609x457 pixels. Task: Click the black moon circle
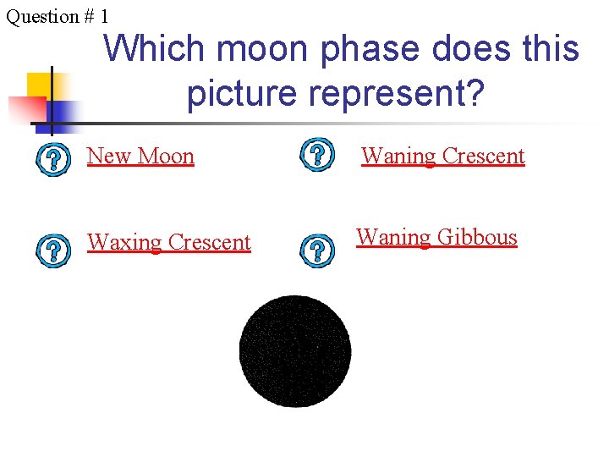point(295,351)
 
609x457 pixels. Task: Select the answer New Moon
point(140,157)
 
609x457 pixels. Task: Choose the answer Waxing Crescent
point(169,242)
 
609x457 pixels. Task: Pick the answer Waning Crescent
point(443,157)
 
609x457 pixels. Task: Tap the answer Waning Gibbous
point(436,237)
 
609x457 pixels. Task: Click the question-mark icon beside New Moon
point(52,158)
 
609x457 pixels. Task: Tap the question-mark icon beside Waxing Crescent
point(52,250)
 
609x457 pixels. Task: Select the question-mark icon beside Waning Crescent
point(316,154)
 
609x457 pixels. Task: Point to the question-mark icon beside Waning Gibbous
point(316,249)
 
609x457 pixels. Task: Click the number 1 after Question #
point(104,16)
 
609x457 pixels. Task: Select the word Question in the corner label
point(38,16)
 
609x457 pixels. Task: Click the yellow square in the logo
point(40,85)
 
